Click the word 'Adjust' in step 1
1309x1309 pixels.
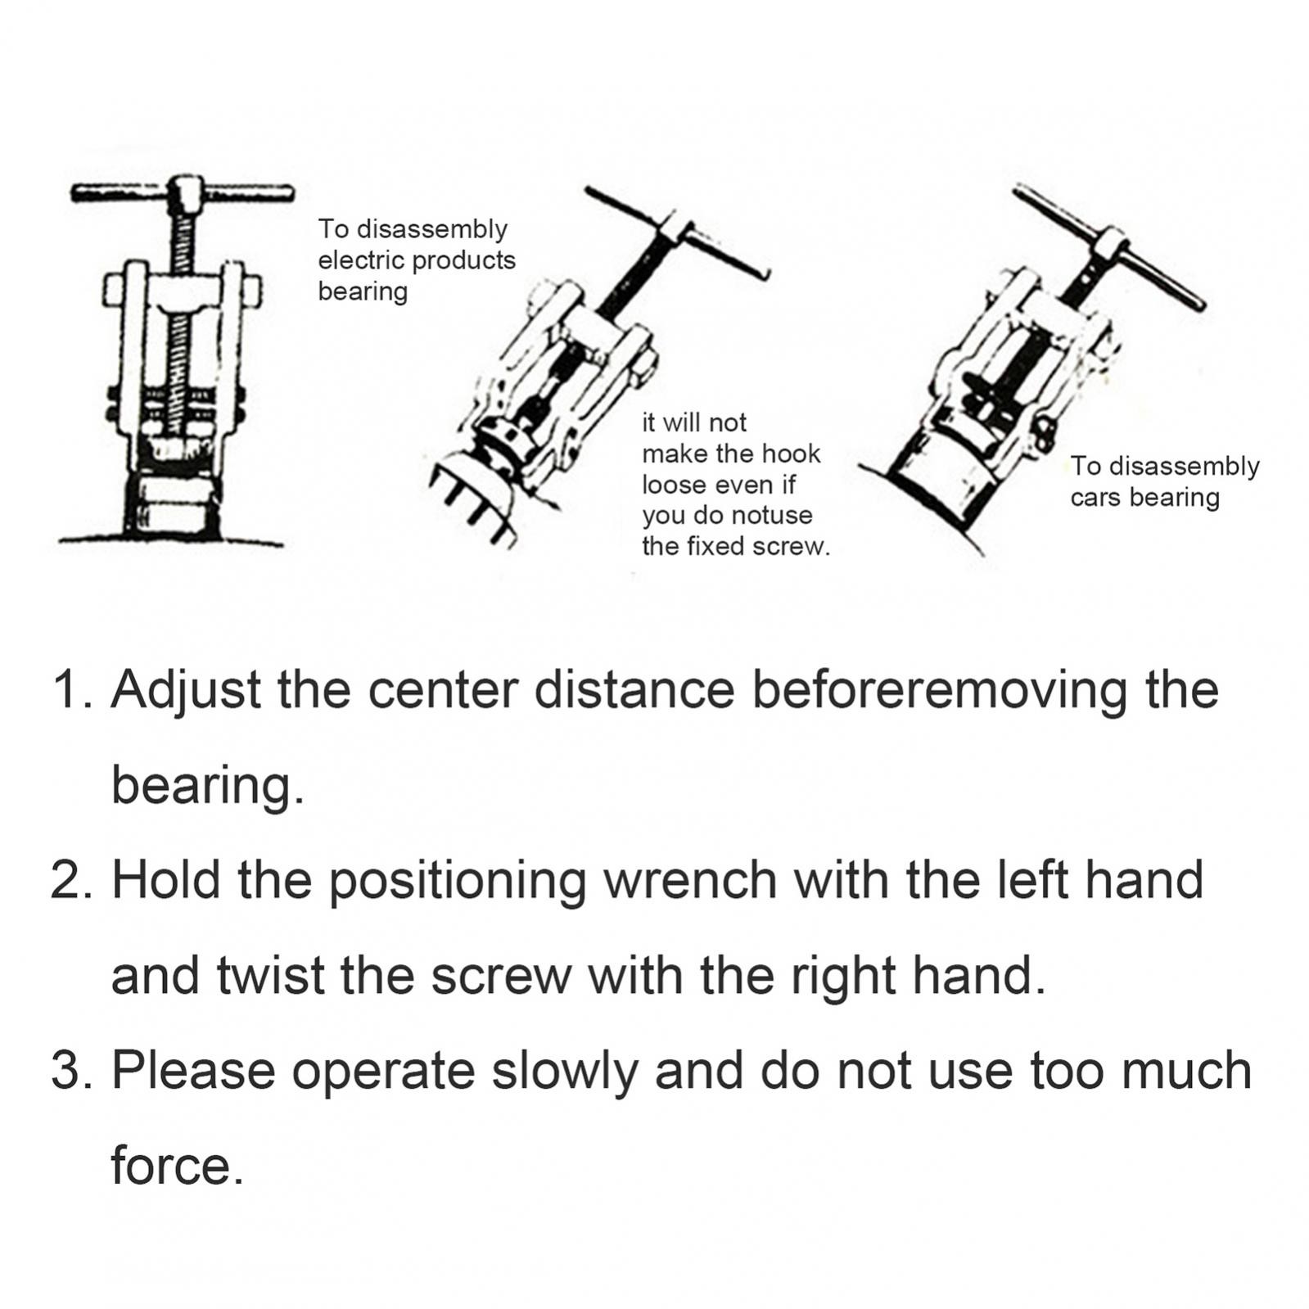coord(186,690)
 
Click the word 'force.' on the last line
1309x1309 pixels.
coord(177,1166)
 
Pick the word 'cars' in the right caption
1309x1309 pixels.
coord(1094,497)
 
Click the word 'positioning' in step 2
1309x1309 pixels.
coord(457,881)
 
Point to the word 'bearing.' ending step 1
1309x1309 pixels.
coord(207,785)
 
